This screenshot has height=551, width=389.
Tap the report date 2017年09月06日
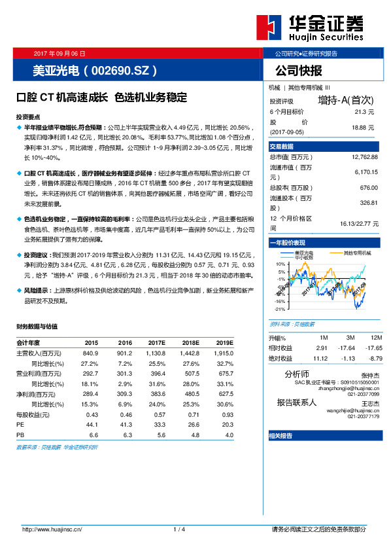(59, 52)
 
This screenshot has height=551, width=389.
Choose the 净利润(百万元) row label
(37, 394)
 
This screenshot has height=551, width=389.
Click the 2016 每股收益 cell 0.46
(126, 414)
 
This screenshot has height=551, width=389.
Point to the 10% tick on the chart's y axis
(280, 264)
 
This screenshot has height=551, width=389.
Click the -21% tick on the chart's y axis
(279, 309)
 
